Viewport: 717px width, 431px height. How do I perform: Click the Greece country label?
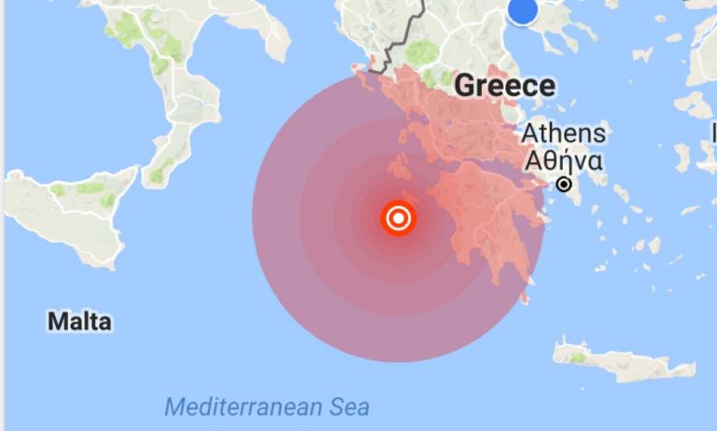(504, 87)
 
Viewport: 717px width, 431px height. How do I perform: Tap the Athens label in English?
(563, 133)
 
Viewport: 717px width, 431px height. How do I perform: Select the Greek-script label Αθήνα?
(563, 160)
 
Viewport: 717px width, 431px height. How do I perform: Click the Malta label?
(79, 322)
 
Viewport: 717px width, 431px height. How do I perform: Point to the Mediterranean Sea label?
(267, 407)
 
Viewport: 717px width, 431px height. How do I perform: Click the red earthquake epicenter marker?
(399, 219)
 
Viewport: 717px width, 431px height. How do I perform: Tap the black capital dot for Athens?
(564, 185)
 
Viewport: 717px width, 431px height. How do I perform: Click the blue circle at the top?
(523, 10)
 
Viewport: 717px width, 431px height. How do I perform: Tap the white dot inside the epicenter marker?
(399, 219)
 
